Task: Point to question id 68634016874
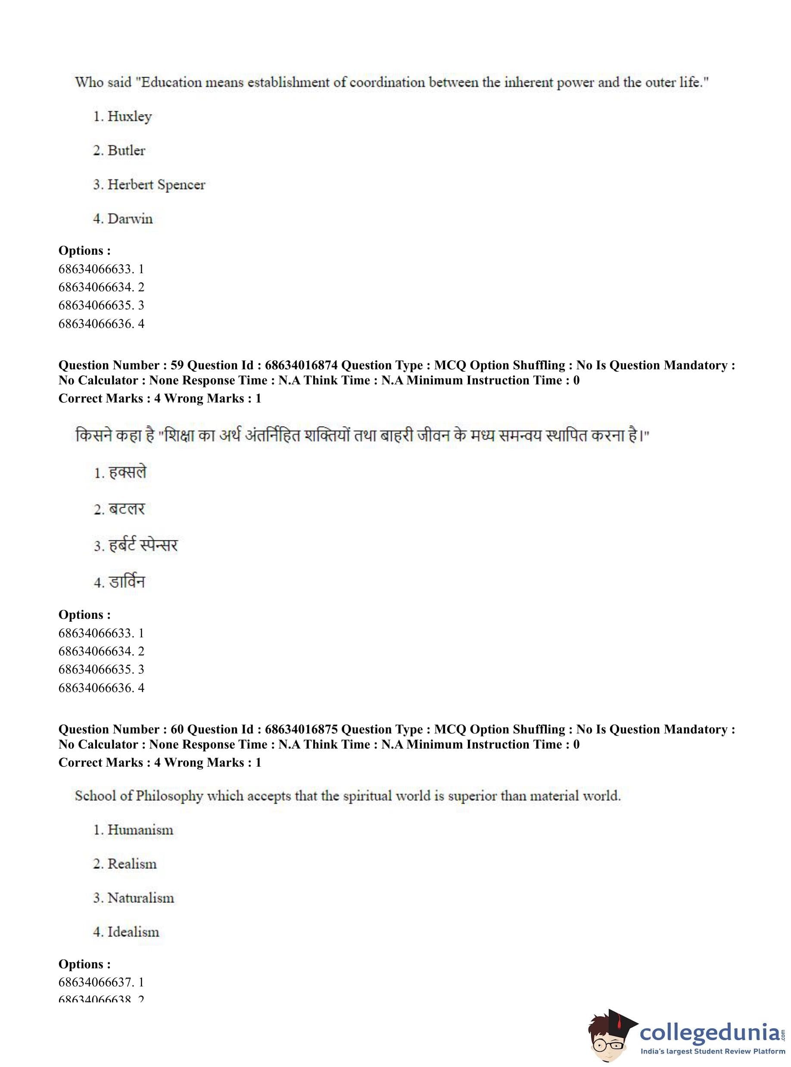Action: [x=301, y=365]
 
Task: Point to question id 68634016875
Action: [x=301, y=730]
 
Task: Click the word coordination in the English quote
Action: [x=387, y=82]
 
